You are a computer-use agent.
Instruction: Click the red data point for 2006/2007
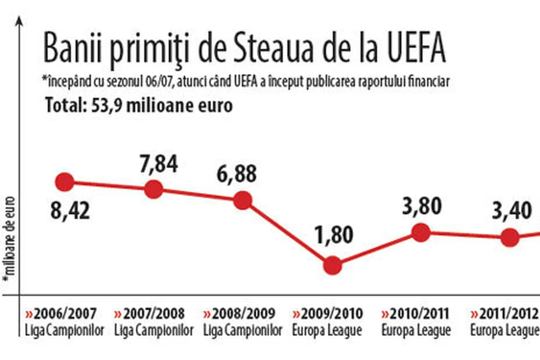pyautogui.click(x=65, y=182)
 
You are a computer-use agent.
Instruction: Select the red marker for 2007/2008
pyautogui.click(x=154, y=189)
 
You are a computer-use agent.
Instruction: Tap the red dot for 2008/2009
pyautogui.click(x=243, y=200)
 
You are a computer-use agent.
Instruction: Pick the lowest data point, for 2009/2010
pyautogui.click(x=332, y=265)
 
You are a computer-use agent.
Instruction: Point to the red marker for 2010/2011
pyautogui.click(x=421, y=232)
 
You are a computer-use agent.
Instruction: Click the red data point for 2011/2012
pyautogui.click(x=510, y=237)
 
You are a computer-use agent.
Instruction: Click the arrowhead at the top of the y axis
pyautogui.click(x=20, y=21)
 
